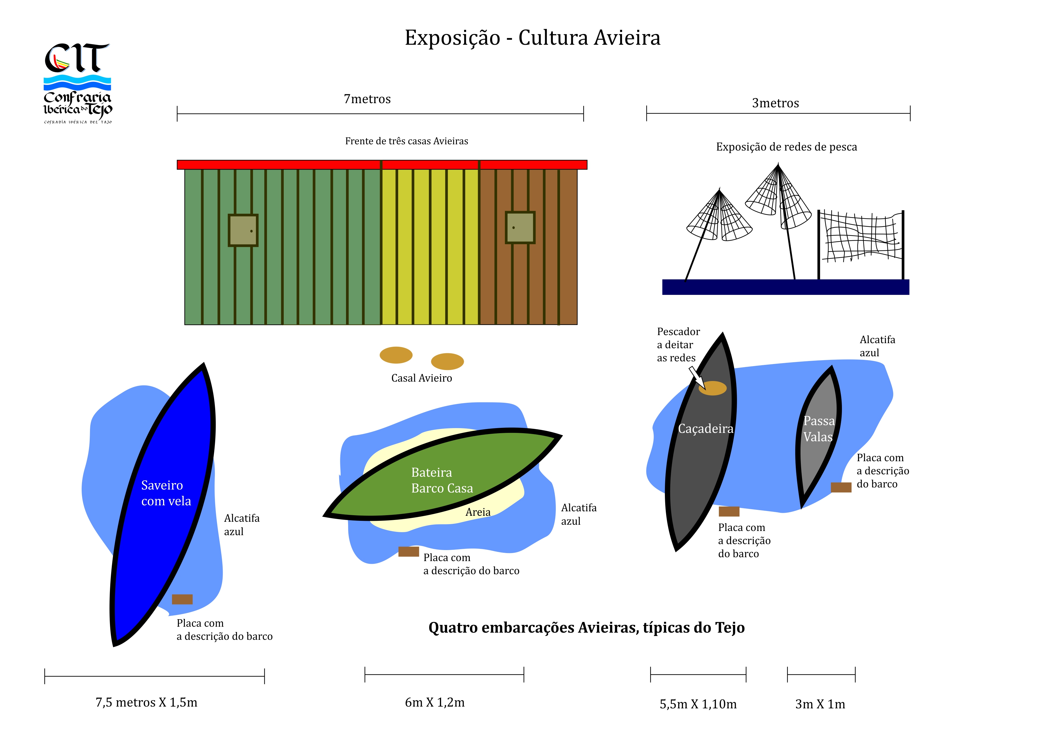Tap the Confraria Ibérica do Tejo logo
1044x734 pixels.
coord(77,83)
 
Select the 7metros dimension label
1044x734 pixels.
coord(367,99)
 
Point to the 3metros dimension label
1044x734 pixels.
coord(775,103)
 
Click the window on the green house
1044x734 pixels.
coord(243,230)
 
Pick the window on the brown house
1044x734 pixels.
coord(520,227)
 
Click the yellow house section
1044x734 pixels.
coord(430,246)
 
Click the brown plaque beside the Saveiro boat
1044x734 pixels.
coord(182,599)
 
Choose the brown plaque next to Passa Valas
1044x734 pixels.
coord(841,487)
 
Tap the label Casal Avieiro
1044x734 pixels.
coord(421,378)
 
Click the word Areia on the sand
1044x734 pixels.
coord(478,512)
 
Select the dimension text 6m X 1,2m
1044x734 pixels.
coord(435,703)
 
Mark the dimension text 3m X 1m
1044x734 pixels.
coord(820,704)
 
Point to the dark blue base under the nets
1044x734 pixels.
coord(785,287)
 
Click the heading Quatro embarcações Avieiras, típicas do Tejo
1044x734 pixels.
coord(586,628)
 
